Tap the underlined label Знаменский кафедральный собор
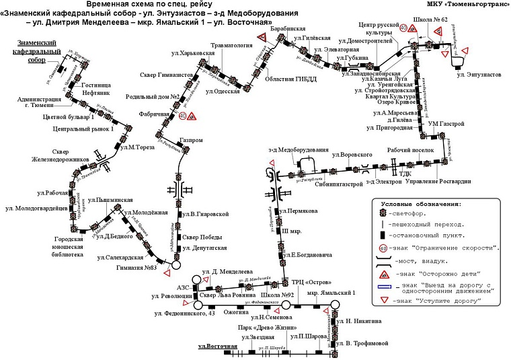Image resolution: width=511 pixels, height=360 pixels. [38, 51]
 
